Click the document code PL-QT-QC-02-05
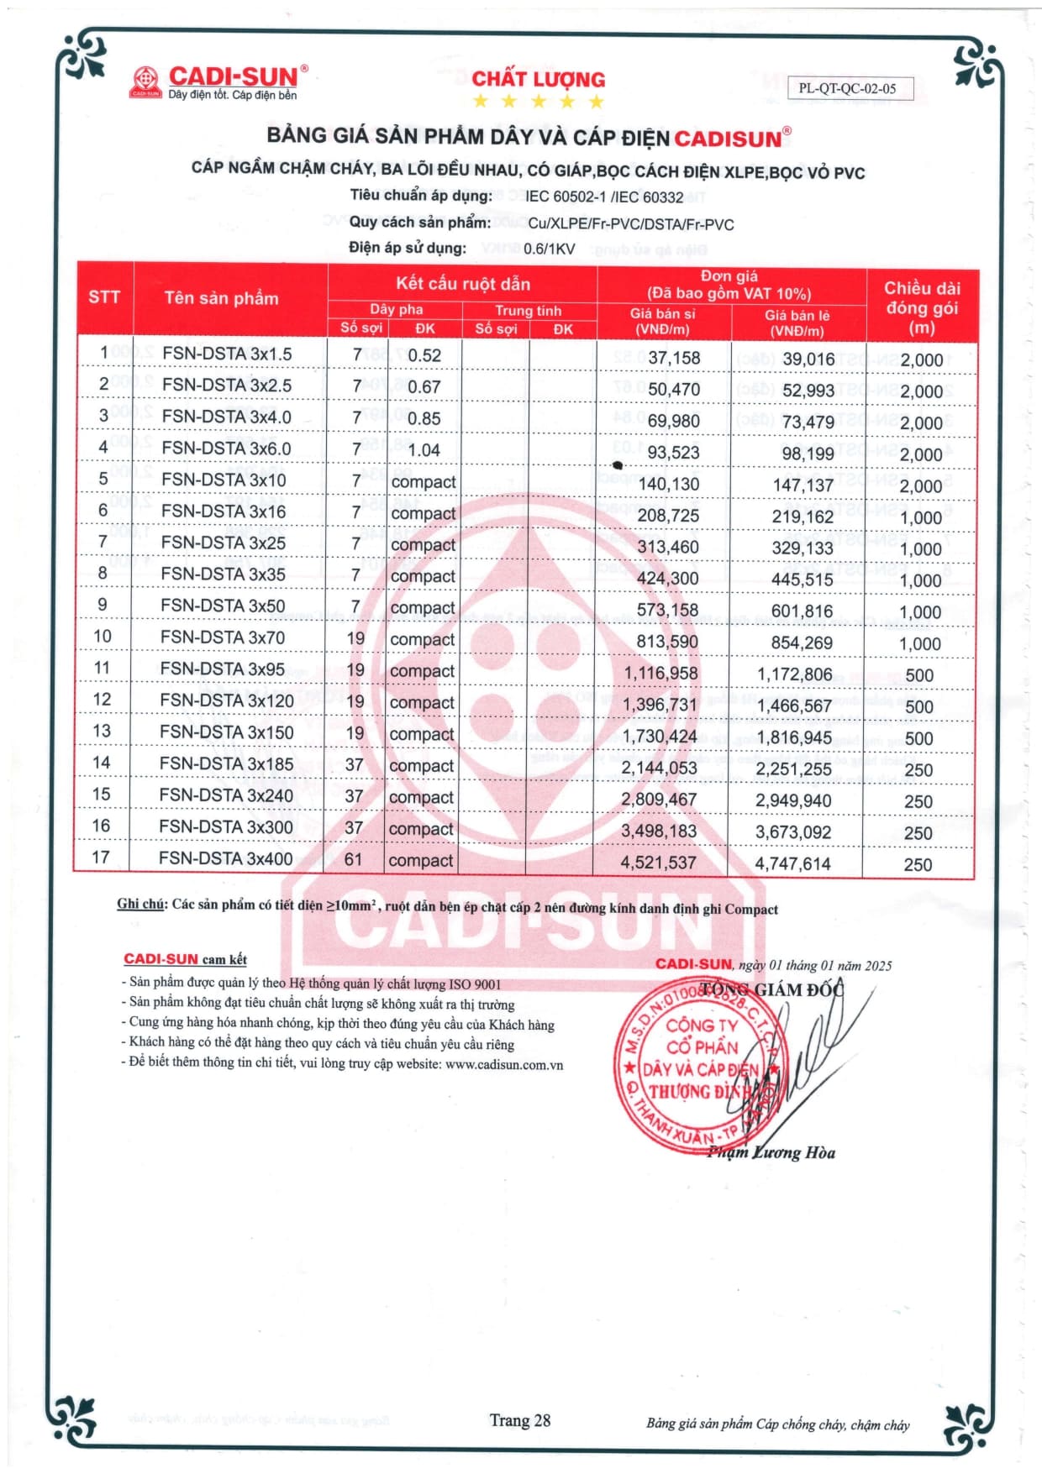[x=848, y=88]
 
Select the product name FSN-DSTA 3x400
[x=225, y=858]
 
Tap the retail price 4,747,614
[x=792, y=863]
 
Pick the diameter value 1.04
[x=424, y=450]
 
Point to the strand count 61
[x=353, y=859]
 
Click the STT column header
[x=104, y=296]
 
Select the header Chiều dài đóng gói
[x=921, y=307]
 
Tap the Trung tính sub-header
[x=528, y=311]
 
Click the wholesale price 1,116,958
[x=661, y=673]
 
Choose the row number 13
[x=102, y=731]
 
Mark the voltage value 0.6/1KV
[x=549, y=249]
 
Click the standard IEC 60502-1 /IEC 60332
[x=604, y=197]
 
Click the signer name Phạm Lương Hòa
[x=771, y=1152]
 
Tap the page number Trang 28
[x=520, y=1420]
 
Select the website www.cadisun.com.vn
[x=504, y=1064]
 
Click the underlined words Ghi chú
[x=140, y=904]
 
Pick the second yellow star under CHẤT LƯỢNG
[x=509, y=102]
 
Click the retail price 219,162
[x=803, y=517]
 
